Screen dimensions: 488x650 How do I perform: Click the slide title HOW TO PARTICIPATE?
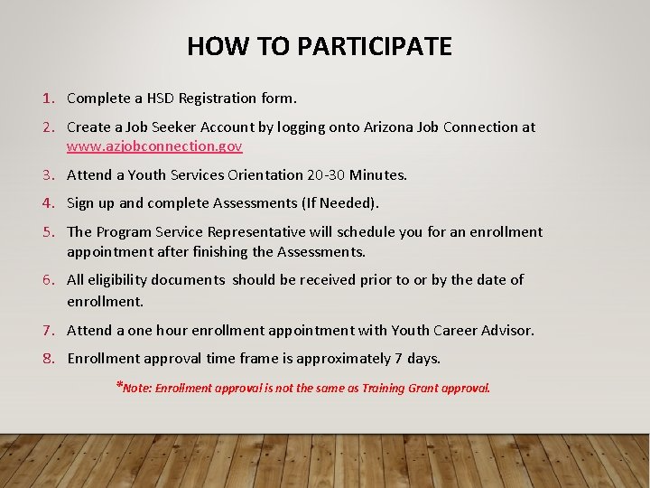click(320, 46)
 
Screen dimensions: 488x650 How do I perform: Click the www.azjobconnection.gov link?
click(154, 145)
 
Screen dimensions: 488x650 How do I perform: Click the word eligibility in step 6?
click(122, 280)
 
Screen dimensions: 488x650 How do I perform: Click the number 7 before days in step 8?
click(398, 359)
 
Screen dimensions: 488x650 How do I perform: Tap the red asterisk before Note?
click(119, 386)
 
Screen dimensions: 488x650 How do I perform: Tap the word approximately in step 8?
click(346, 359)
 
